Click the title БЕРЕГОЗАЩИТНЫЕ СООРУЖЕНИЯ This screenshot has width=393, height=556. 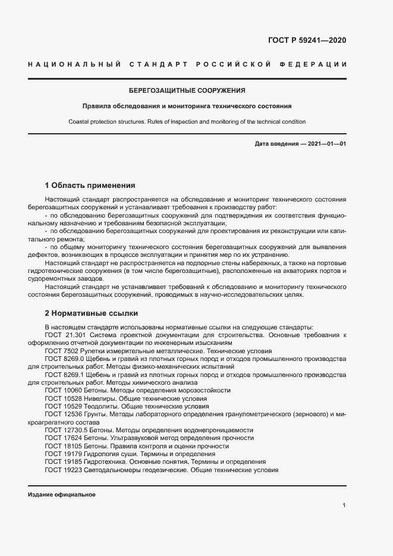click(x=187, y=91)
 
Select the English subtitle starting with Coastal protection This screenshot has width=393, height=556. click(x=187, y=121)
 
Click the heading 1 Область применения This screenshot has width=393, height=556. click(x=90, y=185)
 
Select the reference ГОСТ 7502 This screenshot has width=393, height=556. click(x=58, y=351)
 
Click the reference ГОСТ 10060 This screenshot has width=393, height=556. click(x=60, y=391)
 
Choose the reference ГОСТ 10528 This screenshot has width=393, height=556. click(x=60, y=398)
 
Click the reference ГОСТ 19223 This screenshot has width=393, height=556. click(x=60, y=470)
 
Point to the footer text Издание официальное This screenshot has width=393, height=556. click(x=62, y=494)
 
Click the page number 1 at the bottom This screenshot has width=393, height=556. click(x=344, y=505)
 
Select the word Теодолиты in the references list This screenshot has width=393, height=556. click(x=96, y=407)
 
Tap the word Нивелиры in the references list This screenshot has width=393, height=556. click(x=95, y=398)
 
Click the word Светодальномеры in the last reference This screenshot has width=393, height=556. click(x=108, y=470)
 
